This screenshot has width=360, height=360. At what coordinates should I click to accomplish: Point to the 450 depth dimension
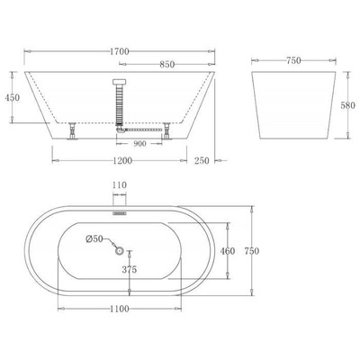12,97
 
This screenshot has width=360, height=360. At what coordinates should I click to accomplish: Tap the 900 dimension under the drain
140,143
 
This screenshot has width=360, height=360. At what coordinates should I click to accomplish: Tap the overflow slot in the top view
120,213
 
